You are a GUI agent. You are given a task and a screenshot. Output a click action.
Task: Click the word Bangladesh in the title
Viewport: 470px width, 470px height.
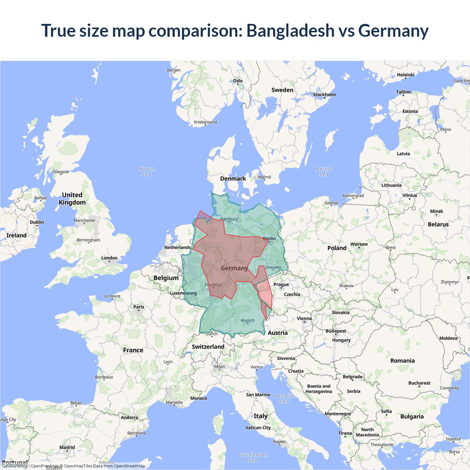click(x=290, y=30)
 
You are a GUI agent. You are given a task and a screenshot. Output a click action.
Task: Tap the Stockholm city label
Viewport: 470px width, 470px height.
click(x=324, y=94)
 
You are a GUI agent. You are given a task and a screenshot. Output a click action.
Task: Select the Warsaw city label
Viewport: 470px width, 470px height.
click(x=359, y=244)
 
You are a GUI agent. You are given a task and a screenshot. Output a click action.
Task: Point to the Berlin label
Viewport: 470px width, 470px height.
click(x=269, y=239)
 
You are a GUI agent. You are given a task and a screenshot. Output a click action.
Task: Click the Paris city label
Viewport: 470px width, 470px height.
click(x=139, y=307)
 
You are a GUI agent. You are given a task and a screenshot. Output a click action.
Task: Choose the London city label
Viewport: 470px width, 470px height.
click(x=109, y=258)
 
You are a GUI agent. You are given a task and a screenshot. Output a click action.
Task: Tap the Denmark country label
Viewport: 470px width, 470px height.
click(x=233, y=179)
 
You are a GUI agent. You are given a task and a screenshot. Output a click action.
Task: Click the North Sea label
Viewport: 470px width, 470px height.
click(x=147, y=171)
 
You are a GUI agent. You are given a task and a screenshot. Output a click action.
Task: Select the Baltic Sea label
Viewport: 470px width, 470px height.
click(x=323, y=171)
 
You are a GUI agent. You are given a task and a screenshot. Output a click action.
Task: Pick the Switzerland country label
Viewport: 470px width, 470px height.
click(x=208, y=347)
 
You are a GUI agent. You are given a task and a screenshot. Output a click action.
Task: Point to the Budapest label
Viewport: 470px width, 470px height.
click(x=336, y=331)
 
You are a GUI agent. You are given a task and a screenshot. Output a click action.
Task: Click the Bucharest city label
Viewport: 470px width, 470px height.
click(x=419, y=383)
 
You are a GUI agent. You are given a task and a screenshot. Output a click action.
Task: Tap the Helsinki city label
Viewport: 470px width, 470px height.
click(x=405, y=75)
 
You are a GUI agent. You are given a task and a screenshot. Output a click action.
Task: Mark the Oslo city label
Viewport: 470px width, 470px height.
click(x=238, y=81)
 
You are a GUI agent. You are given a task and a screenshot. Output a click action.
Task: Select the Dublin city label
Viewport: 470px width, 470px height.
click(x=37, y=222)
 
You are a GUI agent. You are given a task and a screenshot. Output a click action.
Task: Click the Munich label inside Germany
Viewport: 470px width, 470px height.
click(x=247, y=321)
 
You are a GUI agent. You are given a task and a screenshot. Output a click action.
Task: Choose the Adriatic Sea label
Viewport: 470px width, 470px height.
click(x=284, y=398)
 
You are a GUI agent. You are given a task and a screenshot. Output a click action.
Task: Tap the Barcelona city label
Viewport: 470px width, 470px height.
click(x=137, y=433)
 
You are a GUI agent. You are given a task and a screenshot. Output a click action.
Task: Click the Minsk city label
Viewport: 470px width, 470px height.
click(x=437, y=211)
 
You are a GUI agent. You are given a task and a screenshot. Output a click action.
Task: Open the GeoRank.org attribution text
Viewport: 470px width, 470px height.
click(x=15, y=466)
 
